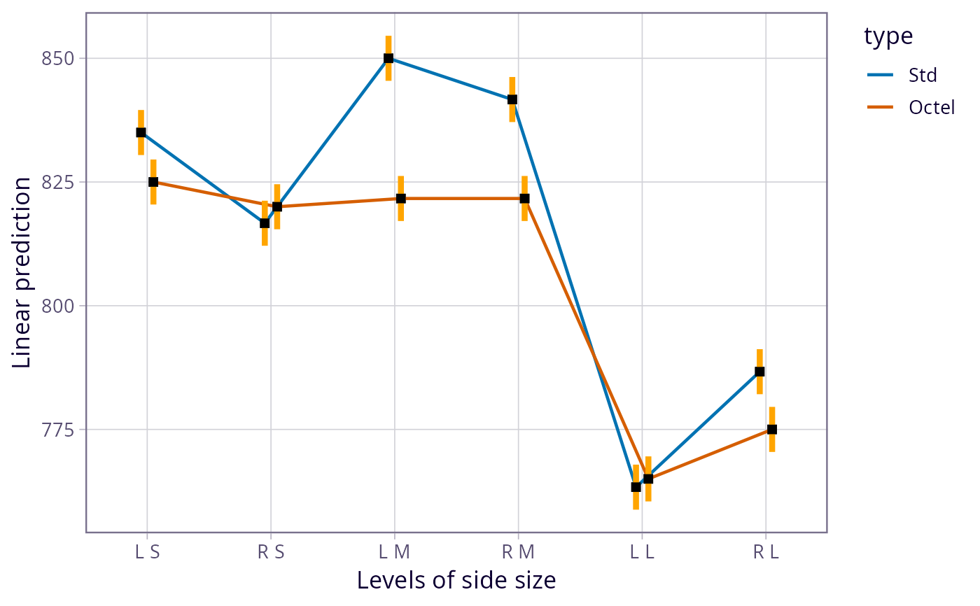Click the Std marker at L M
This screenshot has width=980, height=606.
point(388,58)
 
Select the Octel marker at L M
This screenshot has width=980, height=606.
point(400,199)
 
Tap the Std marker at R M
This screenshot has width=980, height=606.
point(512,99)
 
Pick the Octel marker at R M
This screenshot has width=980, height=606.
point(524,199)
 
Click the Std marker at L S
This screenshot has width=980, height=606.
point(141,132)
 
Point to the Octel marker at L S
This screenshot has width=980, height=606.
point(153,182)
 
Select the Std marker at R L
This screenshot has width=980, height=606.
point(759,372)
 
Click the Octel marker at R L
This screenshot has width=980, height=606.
point(772,430)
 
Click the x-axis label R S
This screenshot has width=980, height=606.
point(271,552)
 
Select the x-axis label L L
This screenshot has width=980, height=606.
point(642,552)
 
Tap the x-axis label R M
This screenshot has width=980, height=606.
point(518,552)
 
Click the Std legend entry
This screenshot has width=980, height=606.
point(922,74)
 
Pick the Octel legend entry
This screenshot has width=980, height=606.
point(931,107)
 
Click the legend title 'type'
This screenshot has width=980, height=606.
point(888,36)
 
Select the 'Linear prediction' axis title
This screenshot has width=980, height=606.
point(22,272)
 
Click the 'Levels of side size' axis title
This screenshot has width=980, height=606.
point(456,580)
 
